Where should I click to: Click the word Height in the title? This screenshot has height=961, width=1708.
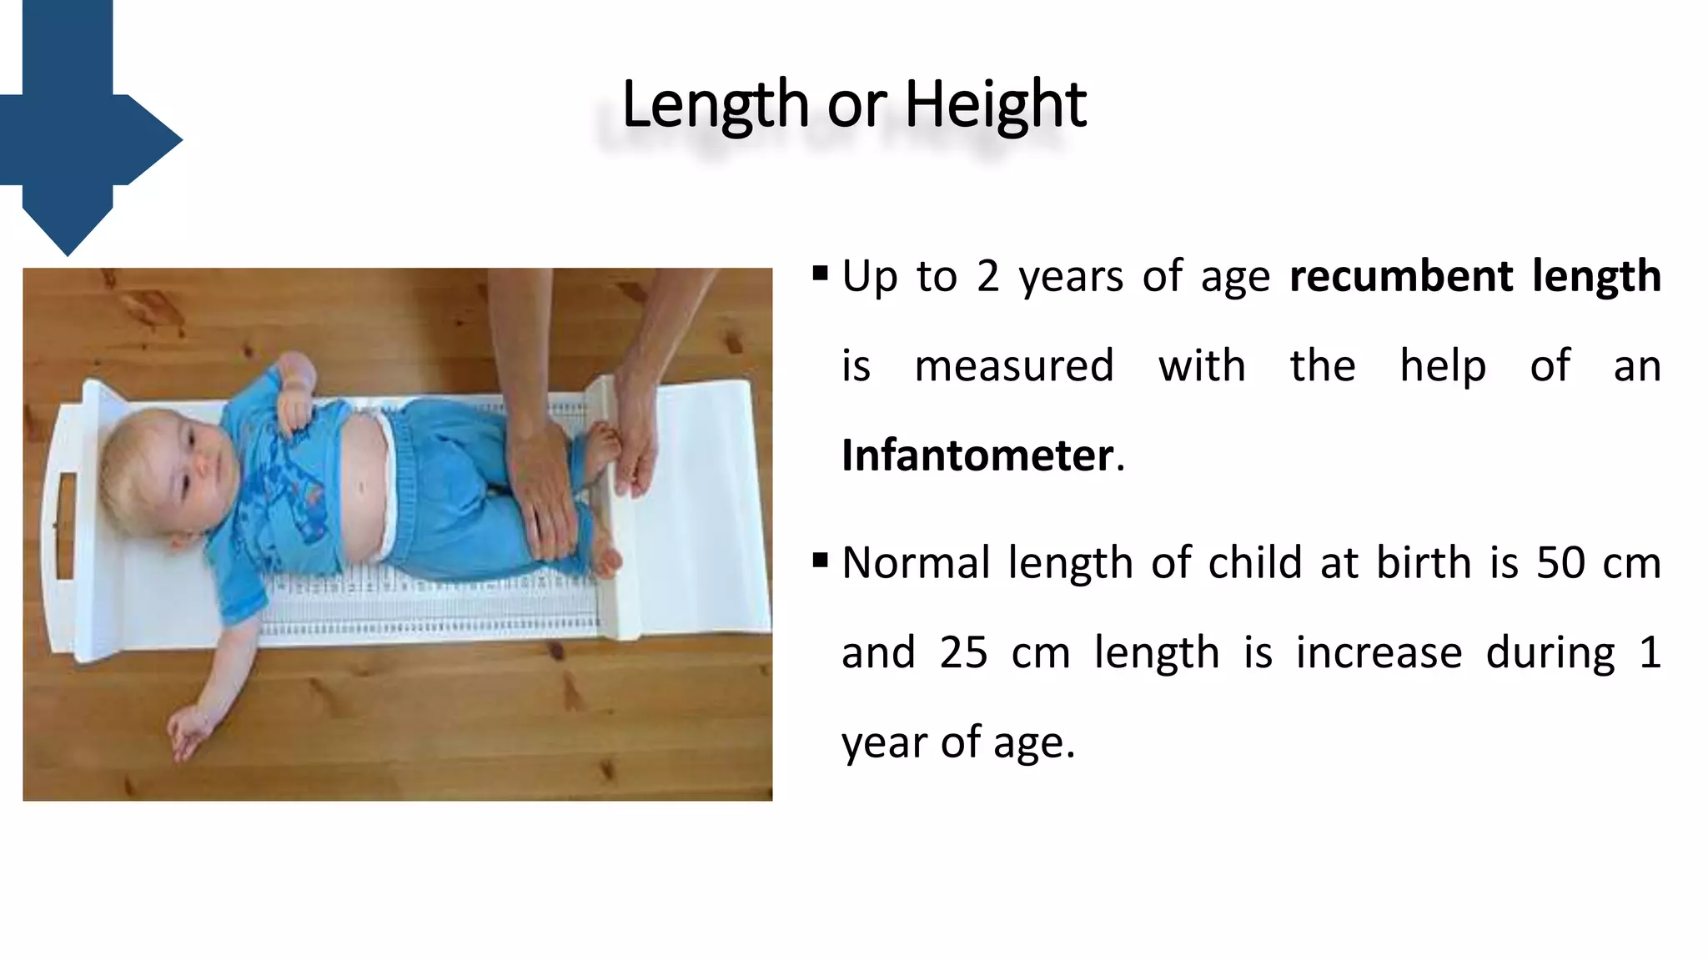pyautogui.click(x=995, y=104)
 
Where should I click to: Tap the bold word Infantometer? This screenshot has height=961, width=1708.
pyautogui.click(x=977, y=455)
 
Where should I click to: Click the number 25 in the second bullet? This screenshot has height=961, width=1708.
pyautogui.click(x=963, y=653)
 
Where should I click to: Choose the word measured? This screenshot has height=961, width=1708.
pyautogui.click(x=1014, y=366)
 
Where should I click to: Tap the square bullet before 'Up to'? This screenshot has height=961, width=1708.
pyautogui.click(x=820, y=273)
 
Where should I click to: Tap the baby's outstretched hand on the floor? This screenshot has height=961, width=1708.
pyautogui.click(x=188, y=732)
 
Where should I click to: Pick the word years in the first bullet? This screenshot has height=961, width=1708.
pyautogui.click(x=1071, y=276)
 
